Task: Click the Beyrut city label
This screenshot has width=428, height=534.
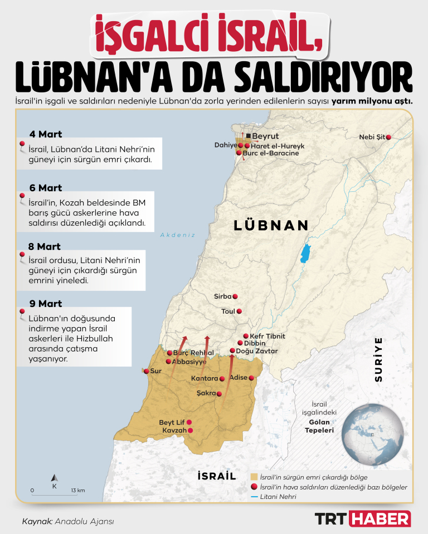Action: point(265,136)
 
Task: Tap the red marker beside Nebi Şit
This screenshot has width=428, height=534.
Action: point(388,137)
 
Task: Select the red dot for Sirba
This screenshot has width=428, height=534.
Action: point(235,296)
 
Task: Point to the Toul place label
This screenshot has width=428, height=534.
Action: point(228,311)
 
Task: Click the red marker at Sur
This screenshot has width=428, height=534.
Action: point(147,371)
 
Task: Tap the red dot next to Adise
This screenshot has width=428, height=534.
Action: point(251,378)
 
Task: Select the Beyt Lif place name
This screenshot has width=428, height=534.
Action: point(172,422)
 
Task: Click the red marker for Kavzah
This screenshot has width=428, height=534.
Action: point(191,431)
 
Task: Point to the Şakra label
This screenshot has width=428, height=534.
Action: point(206,393)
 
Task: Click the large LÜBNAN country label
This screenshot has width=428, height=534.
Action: point(271,225)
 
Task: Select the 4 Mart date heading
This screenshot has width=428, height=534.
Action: point(46,134)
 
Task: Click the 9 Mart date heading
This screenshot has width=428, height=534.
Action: point(46,304)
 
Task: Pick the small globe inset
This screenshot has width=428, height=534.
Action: point(373,433)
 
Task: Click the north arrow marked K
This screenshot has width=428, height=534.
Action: point(54,479)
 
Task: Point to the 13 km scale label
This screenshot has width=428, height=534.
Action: point(78,490)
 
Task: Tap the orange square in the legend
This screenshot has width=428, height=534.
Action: point(254,477)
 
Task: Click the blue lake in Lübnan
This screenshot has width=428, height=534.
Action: point(305,253)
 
